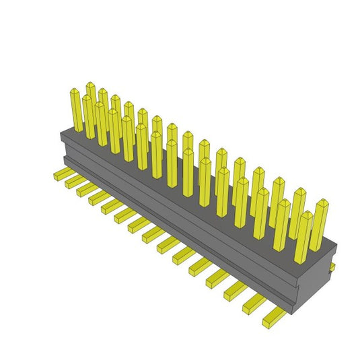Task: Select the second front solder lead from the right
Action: (x=256, y=302)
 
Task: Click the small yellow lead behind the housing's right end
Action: (x=332, y=267)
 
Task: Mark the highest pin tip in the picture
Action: (x=90, y=85)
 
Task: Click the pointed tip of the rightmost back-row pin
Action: (x=322, y=201)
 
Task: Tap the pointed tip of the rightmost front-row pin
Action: (x=306, y=214)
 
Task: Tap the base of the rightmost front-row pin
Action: (x=301, y=259)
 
